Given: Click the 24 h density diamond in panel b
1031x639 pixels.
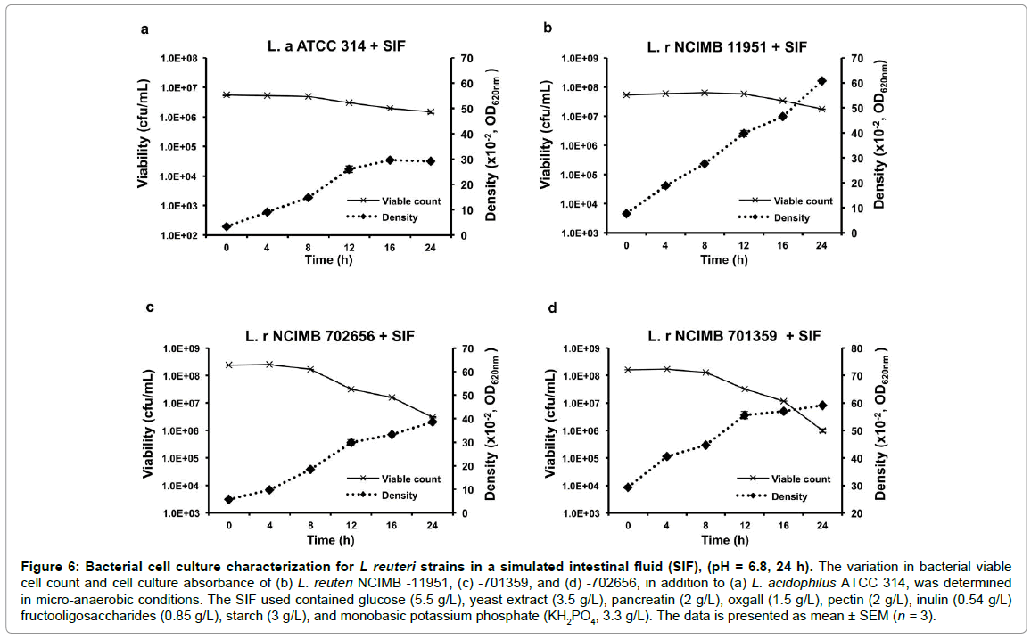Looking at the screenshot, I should tap(821, 81).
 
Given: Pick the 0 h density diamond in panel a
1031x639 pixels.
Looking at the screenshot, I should tap(227, 226).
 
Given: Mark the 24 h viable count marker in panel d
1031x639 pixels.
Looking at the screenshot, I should tap(821, 430).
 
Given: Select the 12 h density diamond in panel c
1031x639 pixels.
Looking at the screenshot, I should tap(351, 442).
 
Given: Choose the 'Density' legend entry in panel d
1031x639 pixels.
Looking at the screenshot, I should tap(788, 496).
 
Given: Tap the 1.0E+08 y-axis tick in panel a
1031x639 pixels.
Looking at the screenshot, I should tap(177, 59).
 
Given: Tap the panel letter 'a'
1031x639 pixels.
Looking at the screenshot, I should tap(145, 29).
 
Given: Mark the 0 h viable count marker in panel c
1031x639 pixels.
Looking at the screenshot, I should tap(228, 365).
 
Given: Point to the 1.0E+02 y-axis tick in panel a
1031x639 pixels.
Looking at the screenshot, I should tap(177, 235).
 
